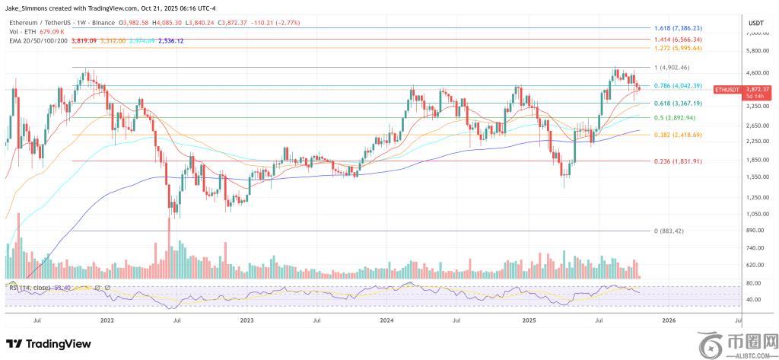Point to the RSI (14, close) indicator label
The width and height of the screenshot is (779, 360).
pyautogui.click(x=31, y=287)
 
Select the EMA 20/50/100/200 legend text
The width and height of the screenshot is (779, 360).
pyautogui.click(x=37, y=40)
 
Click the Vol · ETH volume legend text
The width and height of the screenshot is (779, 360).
pyautogui.click(x=22, y=32)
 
